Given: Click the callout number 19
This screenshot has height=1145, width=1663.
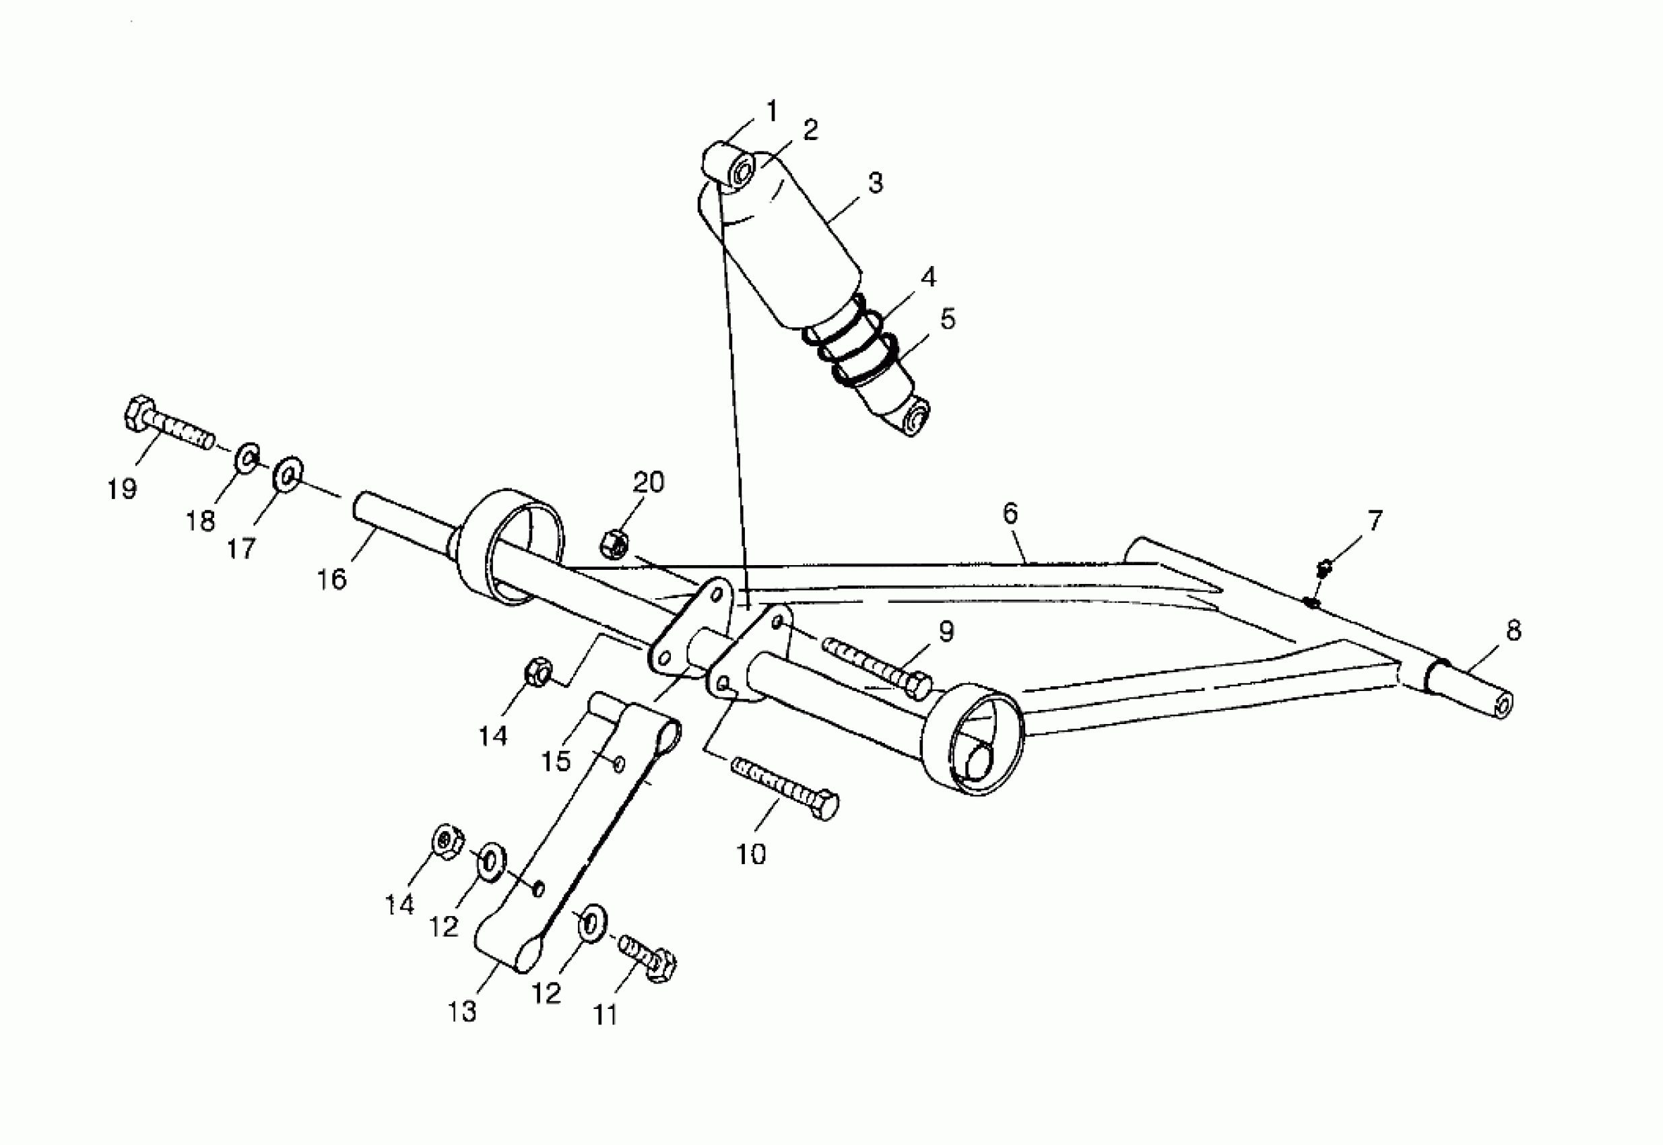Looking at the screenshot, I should click(122, 489).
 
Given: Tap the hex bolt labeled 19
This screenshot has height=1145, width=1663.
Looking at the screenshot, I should click(168, 424).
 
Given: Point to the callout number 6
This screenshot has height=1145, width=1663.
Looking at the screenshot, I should click(1010, 513).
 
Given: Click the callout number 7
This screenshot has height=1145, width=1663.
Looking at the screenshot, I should click(1375, 521).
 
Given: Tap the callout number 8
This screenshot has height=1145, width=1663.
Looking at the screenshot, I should click(1513, 630).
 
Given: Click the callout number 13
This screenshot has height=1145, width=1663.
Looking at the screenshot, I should click(462, 1012).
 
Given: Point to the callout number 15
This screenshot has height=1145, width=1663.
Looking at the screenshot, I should click(556, 761).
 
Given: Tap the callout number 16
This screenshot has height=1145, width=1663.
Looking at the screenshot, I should click(331, 579).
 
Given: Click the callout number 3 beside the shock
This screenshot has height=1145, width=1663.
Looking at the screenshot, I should click(875, 183).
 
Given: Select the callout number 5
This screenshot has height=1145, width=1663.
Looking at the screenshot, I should click(948, 319).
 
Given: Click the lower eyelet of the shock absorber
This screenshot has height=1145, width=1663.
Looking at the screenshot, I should click(917, 418).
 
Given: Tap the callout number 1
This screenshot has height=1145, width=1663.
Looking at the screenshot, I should click(772, 111).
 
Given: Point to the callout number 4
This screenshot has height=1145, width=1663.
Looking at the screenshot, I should click(928, 277).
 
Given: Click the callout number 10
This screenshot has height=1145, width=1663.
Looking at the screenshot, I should click(751, 854).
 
